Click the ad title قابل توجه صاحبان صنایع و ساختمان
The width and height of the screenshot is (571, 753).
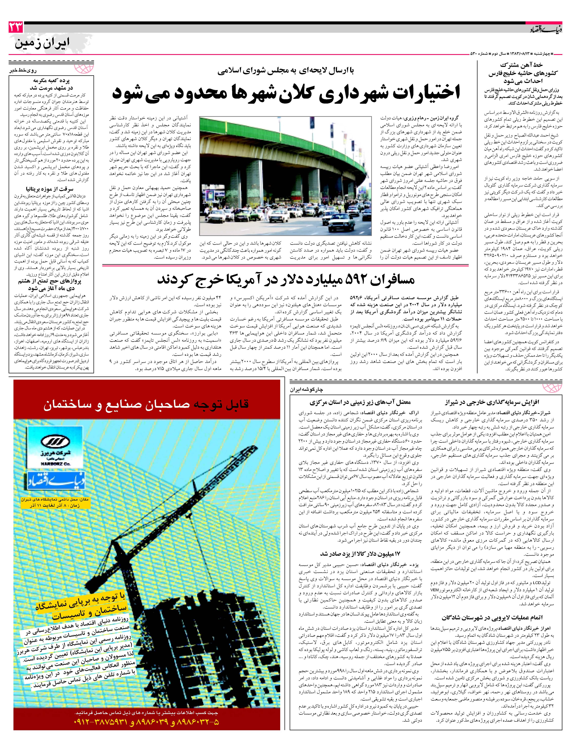[146, 404]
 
